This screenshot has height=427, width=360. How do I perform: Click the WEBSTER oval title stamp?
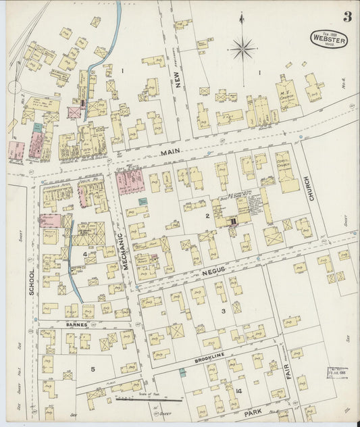click(329, 39)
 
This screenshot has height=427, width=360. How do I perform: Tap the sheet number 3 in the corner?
click(346, 17)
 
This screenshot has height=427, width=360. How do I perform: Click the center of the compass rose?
click(242, 48)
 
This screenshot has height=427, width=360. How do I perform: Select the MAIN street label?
click(171, 152)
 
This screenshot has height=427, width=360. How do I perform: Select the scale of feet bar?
click(138, 399)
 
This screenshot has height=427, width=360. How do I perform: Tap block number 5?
click(93, 369)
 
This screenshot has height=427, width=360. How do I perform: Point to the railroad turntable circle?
click(15, 87)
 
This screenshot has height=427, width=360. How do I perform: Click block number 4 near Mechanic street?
click(85, 255)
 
